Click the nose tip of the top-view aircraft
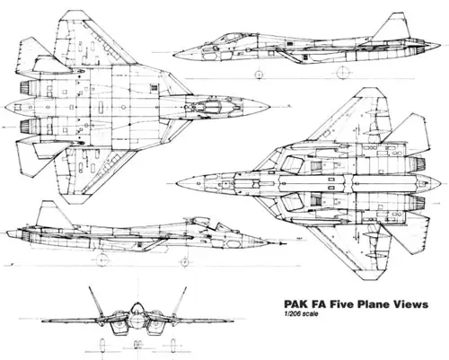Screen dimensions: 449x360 [x=269, y=107]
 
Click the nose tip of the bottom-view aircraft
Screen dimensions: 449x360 [x=176, y=183]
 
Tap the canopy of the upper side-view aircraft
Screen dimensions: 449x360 [x=229, y=38]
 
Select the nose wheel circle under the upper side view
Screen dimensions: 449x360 [x=259, y=75]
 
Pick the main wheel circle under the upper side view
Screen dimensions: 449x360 [x=343, y=72]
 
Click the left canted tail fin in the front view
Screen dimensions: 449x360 [x=96, y=302]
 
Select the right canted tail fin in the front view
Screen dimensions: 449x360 [x=180, y=302]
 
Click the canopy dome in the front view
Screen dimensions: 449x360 [x=137, y=308]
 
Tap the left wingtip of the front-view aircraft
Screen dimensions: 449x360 [x=42, y=321]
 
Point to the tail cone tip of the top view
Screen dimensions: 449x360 [x=5, y=107]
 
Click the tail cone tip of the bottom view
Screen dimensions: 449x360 [x=439, y=183]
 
